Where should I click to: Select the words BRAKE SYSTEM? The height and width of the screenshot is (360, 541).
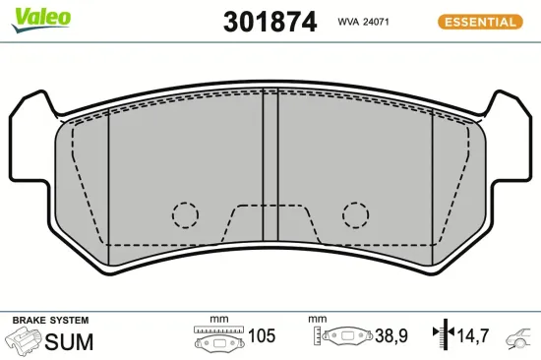click(49, 321)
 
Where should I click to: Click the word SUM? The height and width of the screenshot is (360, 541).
click(70, 341)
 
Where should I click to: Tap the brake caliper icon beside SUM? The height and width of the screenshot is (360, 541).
click(25, 341)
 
